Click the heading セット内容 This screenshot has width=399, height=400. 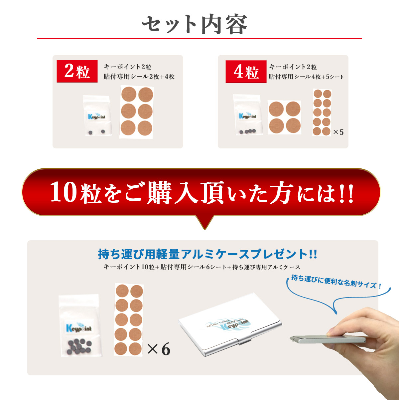click(x=195, y=24)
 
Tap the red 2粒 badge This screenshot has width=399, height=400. click(x=77, y=71)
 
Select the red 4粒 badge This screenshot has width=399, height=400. click(x=246, y=72)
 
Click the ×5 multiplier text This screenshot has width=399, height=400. click(x=338, y=132)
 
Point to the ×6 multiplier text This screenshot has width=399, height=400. click(x=159, y=349)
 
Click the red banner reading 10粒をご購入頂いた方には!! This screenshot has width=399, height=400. click(x=201, y=192)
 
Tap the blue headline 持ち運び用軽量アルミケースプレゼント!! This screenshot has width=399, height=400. click(x=207, y=254)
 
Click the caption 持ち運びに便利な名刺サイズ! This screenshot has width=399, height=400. click(x=336, y=282)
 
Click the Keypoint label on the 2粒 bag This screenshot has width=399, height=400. click(x=97, y=116)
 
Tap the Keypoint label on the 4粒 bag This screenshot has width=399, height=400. click(x=247, y=116)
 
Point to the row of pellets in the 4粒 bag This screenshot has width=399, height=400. click(x=247, y=131)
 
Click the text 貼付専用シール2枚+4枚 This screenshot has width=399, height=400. click(x=139, y=77)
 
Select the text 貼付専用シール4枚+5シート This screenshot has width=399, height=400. click(x=306, y=77)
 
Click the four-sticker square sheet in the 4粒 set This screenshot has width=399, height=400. click(x=285, y=117)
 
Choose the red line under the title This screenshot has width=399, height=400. click(x=199, y=38)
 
